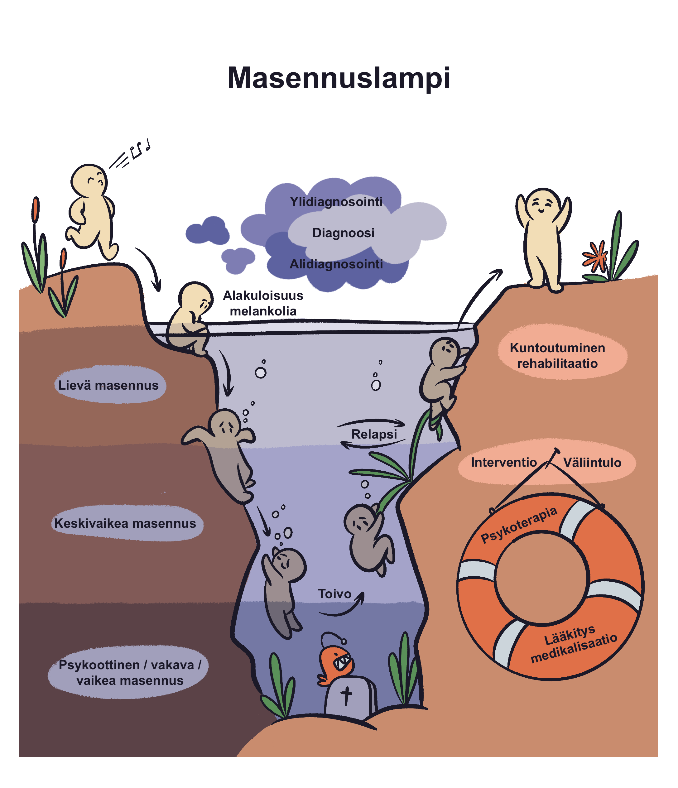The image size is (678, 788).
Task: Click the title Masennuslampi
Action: tap(339, 78)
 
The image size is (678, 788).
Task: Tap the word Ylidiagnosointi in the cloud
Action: tap(336, 202)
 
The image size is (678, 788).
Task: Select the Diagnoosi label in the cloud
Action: tap(344, 233)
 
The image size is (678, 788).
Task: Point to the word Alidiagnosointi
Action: tap(336, 264)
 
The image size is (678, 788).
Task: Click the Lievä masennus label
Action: tap(108, 385)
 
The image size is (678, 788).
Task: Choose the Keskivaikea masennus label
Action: tap(125, 523)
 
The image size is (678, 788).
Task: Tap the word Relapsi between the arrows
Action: tap(374, 434)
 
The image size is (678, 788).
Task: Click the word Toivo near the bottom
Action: tap(334, 594)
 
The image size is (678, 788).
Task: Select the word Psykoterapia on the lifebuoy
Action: tap(519, 525)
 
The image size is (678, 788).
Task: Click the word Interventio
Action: tap(504, 463)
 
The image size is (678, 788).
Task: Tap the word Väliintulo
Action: tap(592, 463)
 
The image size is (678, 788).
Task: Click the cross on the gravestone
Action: tap(346, 696)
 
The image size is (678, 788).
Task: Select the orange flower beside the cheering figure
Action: tap(595, 257)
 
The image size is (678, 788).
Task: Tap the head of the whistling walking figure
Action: tap(89, 181)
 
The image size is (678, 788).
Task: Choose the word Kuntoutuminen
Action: tap(557, 348)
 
